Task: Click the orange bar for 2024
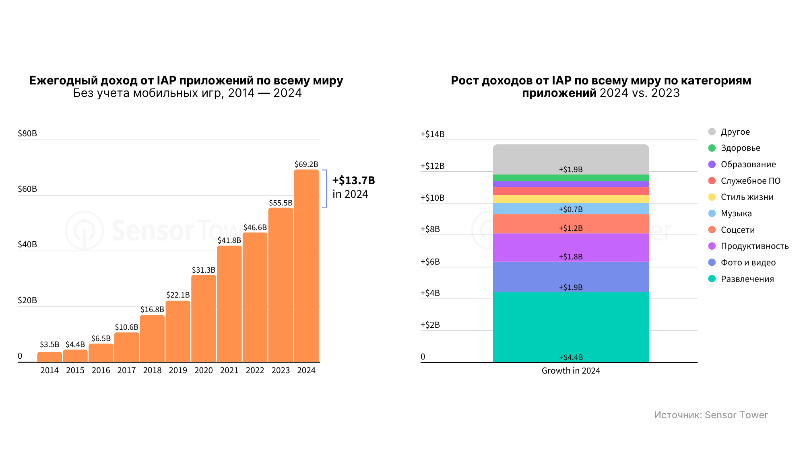click(x=306, y=265)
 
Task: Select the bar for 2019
click(x=178, y=331)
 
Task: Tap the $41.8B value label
click(x=229, y=240)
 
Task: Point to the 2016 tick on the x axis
click(x=101, y=370)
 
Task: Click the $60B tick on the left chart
click(x=27, y=189)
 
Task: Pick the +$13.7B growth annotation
click(x=353, y=181)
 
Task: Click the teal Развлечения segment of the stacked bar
click(x=571, y=326)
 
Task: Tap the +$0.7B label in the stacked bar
click(x=571, y=209)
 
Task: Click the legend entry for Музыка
click(x=736, y=214)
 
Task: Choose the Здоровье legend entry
click(x=740, y=148)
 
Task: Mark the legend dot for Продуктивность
click(x=712, y=246)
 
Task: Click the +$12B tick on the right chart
click(x=432, y=166)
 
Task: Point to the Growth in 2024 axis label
click(x=571, y=371)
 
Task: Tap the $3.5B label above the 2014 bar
click(x=50, y=345)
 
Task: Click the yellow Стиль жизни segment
click(x=571, y=199)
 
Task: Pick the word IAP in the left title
click(x=166, y=80)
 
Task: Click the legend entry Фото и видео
click(x=748, y=263)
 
